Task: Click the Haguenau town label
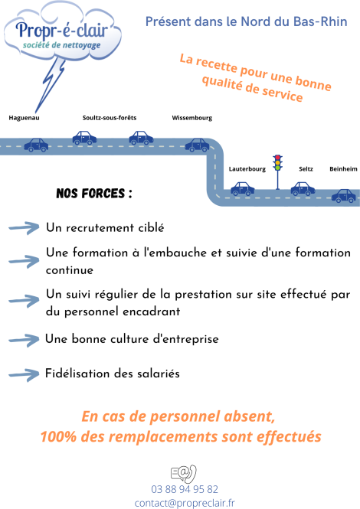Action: [x=24, y=118]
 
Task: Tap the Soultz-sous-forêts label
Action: [x=110, y=118]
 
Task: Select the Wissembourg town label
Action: [x=192, y=118]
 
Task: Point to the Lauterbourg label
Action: [x=247, y=169]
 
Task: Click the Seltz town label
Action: [x=306, y=169]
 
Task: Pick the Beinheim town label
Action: [x=343, y=169]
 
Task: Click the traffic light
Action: [x=277, y=172]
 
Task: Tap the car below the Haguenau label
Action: [x=36, y=145]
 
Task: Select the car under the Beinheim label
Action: [x=344, y=196]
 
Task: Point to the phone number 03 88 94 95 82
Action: [x=185, y=489]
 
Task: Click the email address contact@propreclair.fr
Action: [x=185, y=503]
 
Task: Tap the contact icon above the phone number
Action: [x=184, y=474]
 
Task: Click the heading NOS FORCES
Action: [x=94, y=194]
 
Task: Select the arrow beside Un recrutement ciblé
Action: [x=24, y=228]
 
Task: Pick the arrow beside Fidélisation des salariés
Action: [x=24, y=375]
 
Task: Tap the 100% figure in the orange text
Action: [x=58, y=436]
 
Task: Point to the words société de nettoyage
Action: [x=62, y=45]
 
